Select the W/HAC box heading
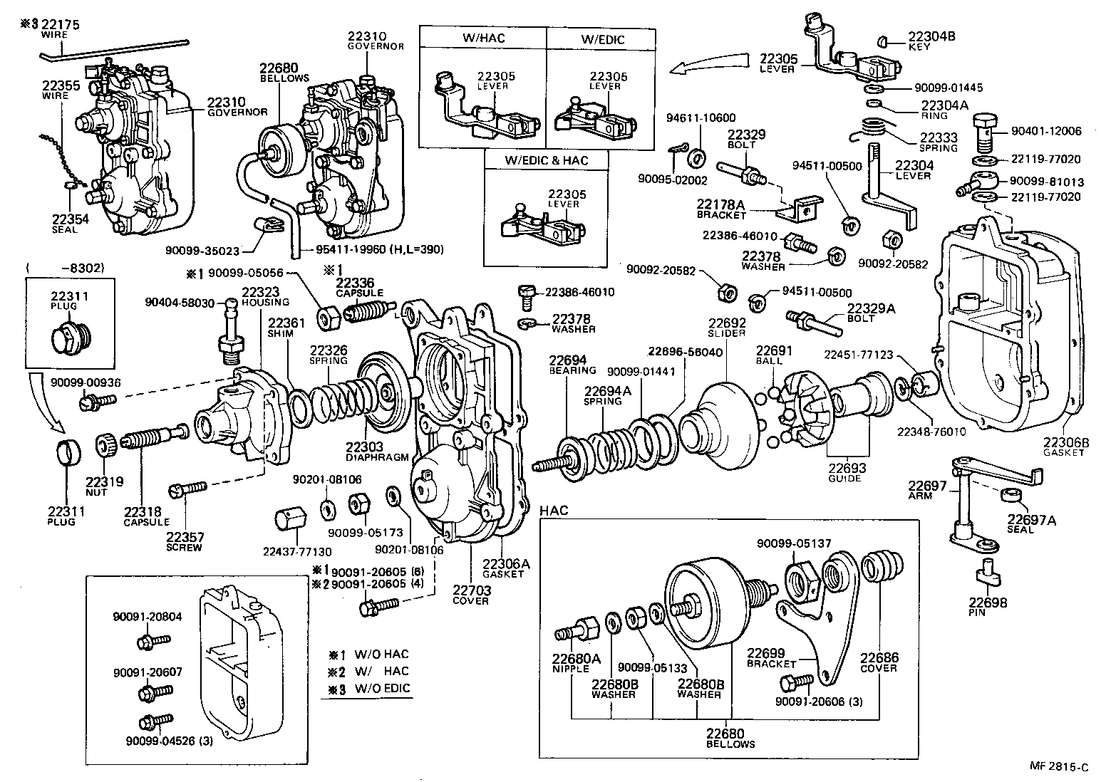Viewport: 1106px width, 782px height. tap(482, 38)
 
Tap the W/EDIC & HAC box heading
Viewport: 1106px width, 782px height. tap(547, 160)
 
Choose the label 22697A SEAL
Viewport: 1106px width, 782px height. tap(1031, 524)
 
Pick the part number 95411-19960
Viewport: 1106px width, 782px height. tap(345, 249)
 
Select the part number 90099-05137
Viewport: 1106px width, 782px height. tap(783, 543)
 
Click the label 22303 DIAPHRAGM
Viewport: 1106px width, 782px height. tap(367, 452)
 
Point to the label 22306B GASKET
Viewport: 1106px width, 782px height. tap(1066, 446)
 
